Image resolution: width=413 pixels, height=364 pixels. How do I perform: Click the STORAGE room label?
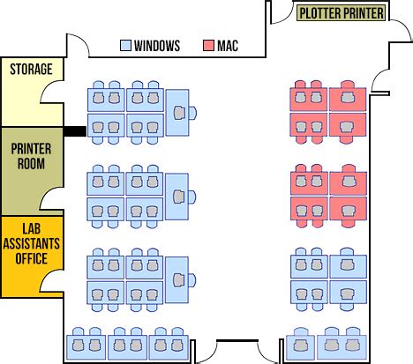click(x=31, y=70)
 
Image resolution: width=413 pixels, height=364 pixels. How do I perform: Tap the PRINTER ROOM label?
click(x=31, y=156)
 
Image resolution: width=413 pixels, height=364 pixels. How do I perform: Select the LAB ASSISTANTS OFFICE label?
click(x=32, y=243)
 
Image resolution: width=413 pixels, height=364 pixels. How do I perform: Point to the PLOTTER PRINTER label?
click(x=342, y=13)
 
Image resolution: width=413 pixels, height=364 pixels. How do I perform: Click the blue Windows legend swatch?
click(x=125, y=46)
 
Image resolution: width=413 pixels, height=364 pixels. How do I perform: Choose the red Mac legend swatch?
click(x=208, y=46)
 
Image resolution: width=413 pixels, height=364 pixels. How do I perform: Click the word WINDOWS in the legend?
click(x=157, y=46)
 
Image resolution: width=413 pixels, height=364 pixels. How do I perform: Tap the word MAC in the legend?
click(x=228, y=46)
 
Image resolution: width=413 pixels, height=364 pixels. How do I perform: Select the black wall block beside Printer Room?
click(x=75, y=131)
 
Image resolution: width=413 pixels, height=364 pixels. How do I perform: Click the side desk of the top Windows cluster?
click(x=177, y=113)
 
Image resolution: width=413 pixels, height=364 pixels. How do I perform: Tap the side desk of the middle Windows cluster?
click(x=176, y=197)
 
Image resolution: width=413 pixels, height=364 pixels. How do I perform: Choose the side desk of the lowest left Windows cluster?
click(x=176, y=280)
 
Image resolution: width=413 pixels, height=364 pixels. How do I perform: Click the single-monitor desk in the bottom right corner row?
click(x=301, y=347)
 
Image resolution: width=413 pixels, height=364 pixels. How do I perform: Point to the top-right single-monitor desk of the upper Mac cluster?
click(x=348, y=100)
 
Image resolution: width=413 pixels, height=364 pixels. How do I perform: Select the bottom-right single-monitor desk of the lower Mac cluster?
click(x=349, y=209)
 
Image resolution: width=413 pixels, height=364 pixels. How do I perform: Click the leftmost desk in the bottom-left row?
click(x=86, y=347)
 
